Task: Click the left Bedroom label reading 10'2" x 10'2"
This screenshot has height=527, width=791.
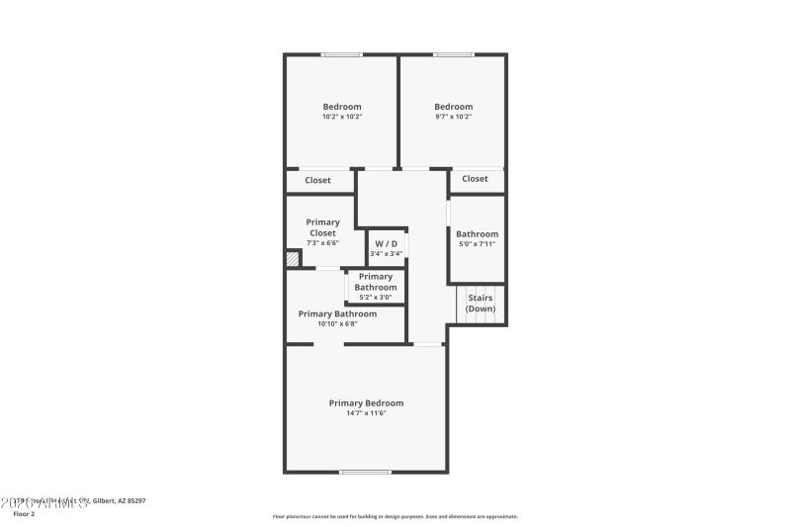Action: (x=342, y=117)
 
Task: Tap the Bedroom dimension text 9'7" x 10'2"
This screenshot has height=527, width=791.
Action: (x=454, y=117)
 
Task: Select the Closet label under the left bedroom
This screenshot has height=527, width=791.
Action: (x=318, y=180)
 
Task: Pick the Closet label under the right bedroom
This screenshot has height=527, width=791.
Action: (x=476, y=179)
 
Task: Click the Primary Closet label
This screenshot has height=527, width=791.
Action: (x=322, y=227)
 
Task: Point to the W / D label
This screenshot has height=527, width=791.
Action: (x=386, y=243)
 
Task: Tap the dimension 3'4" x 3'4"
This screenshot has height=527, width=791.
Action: (x=386, y=254)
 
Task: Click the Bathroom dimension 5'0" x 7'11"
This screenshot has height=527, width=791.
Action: (x=477, y=244)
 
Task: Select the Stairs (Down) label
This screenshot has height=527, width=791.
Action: (x=481, y=303)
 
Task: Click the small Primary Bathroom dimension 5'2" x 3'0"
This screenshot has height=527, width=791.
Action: (x=376, y=297)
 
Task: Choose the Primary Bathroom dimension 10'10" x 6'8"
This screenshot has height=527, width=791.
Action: (x=337, y=323)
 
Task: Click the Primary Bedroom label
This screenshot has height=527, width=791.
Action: (x=366, y=402)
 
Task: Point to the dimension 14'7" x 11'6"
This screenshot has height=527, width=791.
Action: (x=366, y=413)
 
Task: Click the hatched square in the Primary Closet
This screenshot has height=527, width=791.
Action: (x=293, y=259)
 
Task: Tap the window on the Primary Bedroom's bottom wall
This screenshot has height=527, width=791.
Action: (x=365, y=472)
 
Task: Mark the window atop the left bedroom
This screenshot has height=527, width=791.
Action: (x=341, y=54)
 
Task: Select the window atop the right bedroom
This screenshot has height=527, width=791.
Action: (x=453, y=54)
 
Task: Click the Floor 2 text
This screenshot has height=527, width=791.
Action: (x=24, y=514)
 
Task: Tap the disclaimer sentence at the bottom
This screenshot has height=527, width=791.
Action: (x=395, y=516)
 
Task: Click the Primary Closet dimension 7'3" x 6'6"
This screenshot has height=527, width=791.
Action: (x=322, y=243)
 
